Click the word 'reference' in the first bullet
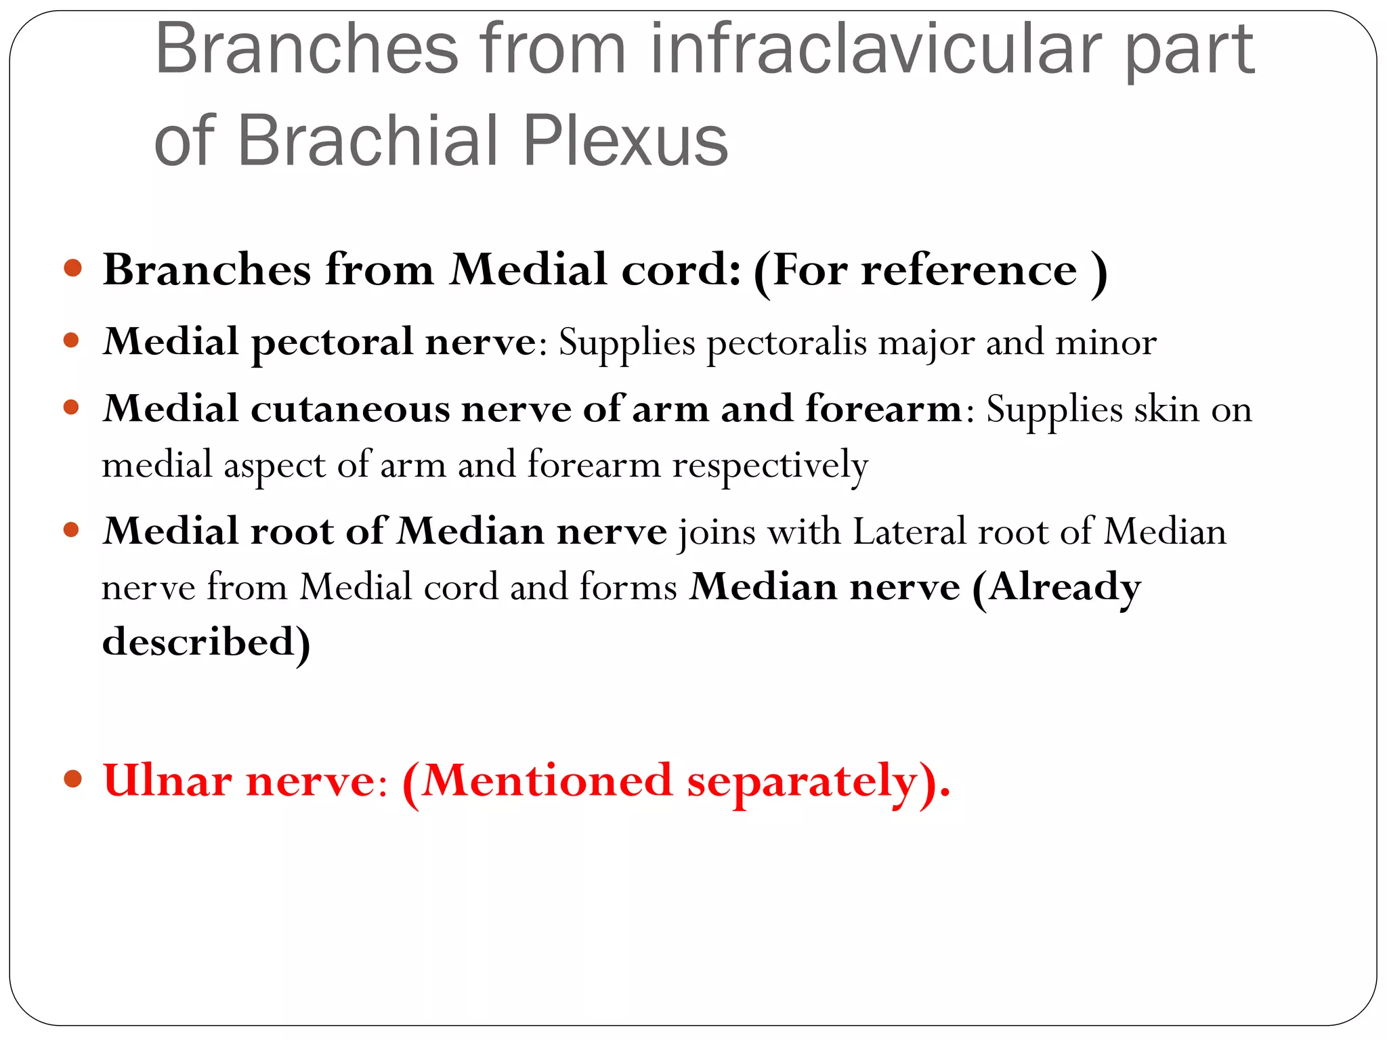pos(968,270)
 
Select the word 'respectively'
pos(770,466)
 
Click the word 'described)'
pos(206,642)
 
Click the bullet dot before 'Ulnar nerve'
pos(73,779)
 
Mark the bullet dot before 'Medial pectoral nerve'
pos(72,339)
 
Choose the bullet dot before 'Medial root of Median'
pos(72,529)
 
